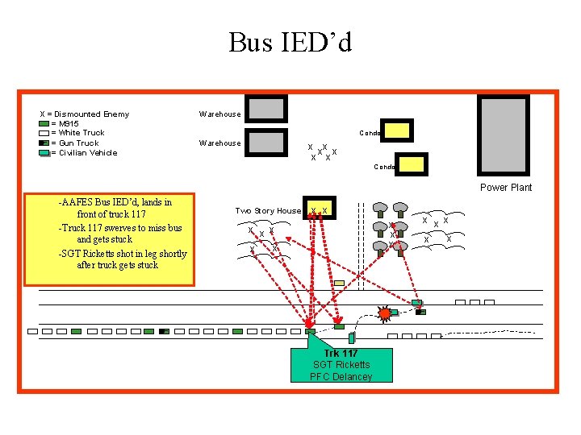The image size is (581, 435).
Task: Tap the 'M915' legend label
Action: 65,123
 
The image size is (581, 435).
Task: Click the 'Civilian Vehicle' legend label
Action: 84,152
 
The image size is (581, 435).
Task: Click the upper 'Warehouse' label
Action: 219,114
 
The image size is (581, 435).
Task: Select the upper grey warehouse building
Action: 266,109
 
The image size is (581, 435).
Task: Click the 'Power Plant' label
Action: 506,188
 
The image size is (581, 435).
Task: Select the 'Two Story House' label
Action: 267,211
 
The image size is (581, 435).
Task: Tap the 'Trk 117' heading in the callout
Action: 341,354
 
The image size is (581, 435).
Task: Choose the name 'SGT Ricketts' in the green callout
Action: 341,365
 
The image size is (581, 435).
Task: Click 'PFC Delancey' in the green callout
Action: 341,376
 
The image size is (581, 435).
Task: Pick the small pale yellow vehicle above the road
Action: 339,283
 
